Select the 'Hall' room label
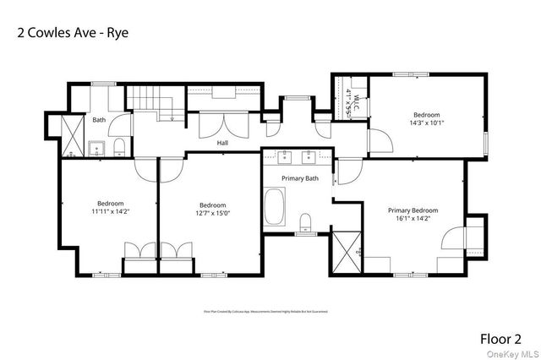coord(222,143)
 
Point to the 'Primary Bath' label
coord(300,178)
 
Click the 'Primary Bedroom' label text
coord(413,210)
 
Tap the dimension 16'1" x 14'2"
coord(413,219)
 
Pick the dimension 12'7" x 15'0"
coord(212,213)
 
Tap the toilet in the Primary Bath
coord(305,222)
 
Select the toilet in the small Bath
coord(119,149)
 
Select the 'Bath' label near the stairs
coord(99,120)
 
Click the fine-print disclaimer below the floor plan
coord(265,311)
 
